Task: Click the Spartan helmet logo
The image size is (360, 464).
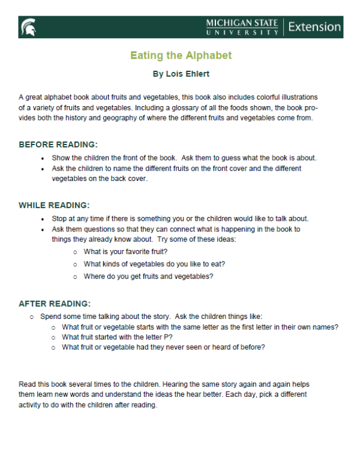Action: (28, 27)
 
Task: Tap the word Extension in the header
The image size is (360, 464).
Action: (314, 27)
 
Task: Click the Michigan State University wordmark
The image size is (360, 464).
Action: (242, 27)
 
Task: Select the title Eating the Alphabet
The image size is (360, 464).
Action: (181, 56)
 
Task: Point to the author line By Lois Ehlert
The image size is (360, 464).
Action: (181, 75)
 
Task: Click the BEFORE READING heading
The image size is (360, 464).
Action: (58, 144)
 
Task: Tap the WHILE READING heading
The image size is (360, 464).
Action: (55, 205)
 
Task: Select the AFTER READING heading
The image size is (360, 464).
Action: (55, 303)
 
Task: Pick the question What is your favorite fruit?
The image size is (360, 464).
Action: (125, 252)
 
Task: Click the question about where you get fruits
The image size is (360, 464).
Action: (148, 276)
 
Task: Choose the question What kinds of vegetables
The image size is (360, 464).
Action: (155, 264)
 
